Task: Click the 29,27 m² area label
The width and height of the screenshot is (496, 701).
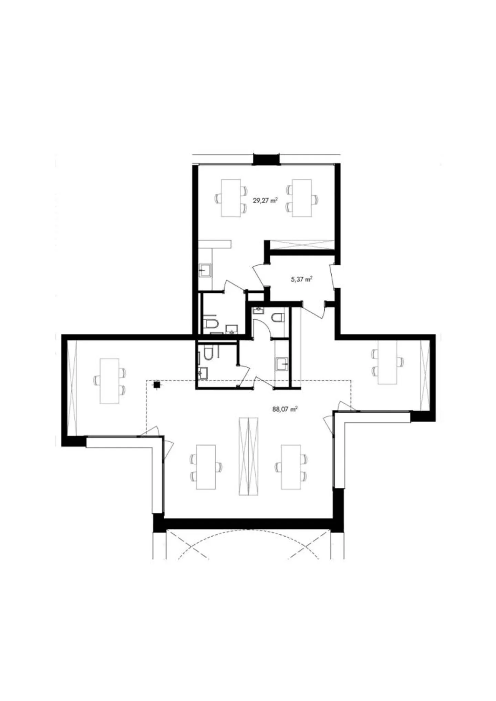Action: click(265, 200)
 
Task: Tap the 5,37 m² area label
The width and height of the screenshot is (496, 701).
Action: click(302, 279)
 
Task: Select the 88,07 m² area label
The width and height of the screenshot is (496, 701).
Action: click(285, 409)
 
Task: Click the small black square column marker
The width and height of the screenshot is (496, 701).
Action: click(157, 385)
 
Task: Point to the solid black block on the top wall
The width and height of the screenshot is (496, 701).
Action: click(266, 159)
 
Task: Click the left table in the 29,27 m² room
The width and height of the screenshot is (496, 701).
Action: click(231, 198)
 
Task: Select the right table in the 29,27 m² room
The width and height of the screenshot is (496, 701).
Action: click(302, 198)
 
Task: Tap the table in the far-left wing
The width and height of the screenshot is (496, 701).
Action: click(110, 381)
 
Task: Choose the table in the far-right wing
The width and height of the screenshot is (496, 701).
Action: click(387, 362)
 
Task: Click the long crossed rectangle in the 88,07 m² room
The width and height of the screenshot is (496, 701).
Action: click(248, 456)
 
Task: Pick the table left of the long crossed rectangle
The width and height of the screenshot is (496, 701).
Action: click(206, 467)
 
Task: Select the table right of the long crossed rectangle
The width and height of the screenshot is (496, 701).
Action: click(291, 467)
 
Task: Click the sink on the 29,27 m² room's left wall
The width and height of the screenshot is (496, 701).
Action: click(206, 270)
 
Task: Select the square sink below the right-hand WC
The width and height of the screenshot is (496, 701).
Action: click(282, 364)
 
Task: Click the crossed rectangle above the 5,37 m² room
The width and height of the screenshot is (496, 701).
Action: click(302, 244)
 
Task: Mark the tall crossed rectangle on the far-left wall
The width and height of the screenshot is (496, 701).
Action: click(72, 387)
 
